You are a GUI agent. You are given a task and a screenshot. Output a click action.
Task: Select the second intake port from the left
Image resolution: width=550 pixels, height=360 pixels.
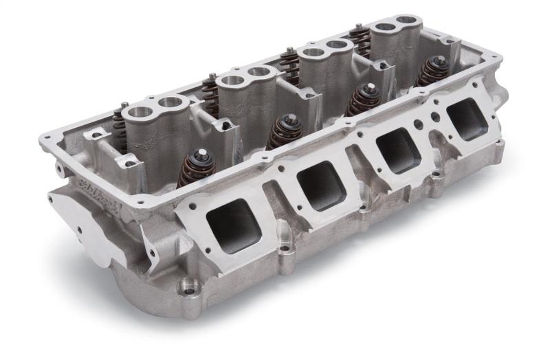pos(320,188)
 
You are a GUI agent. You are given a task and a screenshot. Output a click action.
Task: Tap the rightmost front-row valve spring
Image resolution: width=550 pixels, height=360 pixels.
pos(434,71)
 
